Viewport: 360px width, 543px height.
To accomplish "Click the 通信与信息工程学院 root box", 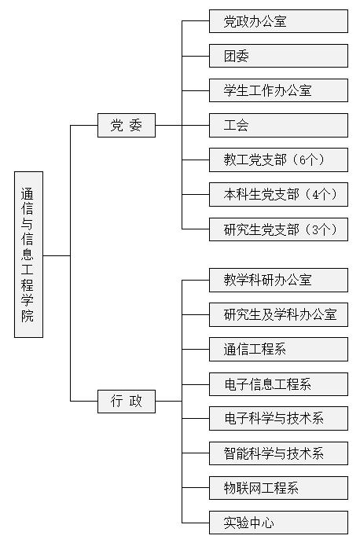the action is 29,254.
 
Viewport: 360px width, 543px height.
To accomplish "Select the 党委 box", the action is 127,125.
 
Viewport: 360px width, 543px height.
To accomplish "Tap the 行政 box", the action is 127,402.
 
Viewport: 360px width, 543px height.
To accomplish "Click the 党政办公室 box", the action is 278,21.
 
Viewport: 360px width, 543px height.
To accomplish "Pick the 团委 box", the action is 278,56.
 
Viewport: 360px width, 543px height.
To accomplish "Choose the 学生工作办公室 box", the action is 278,90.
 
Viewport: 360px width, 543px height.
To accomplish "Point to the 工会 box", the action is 278,125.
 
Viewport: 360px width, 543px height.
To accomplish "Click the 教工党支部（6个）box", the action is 278,160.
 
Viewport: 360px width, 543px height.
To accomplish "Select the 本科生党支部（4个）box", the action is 278,194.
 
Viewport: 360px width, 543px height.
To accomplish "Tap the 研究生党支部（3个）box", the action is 278,229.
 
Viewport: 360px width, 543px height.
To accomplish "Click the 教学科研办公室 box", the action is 278,280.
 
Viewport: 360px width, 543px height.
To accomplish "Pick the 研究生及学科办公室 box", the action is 278,314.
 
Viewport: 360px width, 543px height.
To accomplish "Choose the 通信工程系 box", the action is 278,349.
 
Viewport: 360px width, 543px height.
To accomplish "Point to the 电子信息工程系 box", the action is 278,384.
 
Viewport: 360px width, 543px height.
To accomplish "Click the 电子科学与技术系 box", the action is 278,418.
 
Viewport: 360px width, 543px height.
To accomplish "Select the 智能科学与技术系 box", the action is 278,453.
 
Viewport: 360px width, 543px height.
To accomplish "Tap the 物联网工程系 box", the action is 278,488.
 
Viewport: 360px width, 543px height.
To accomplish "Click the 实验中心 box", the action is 278,523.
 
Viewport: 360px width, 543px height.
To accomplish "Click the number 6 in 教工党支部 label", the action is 303,160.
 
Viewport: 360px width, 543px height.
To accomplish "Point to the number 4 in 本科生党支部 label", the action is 315,195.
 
